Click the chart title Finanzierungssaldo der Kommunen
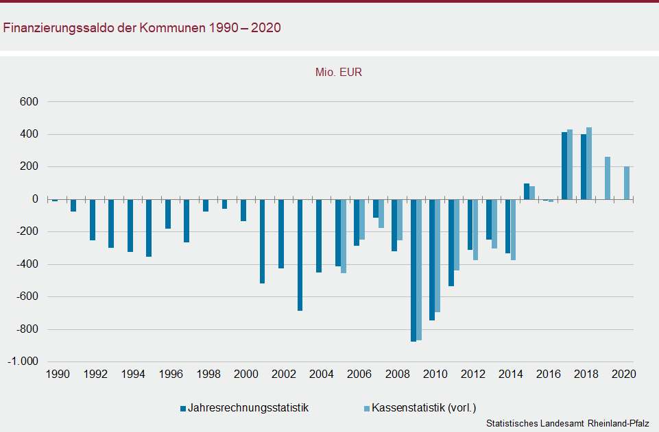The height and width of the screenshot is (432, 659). pos(142,28)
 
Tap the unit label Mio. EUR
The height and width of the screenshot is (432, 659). pos(338,72)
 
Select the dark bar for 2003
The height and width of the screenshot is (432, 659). pos(300,255)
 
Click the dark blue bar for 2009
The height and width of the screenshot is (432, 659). pos(414,270)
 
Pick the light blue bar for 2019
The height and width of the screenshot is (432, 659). pos(608,178)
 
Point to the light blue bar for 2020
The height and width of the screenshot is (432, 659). pos(627,183)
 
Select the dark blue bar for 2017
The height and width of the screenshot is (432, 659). pos(564,166)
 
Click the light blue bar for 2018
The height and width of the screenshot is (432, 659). pos(589,164)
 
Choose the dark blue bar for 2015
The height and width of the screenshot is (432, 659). pos(527,192)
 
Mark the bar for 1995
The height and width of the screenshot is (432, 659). pos(149,228)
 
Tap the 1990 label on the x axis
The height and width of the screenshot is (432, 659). pos(58,374)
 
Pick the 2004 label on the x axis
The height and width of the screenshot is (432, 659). pos(321,374)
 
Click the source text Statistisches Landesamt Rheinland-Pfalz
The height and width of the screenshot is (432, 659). pos(567,424)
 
